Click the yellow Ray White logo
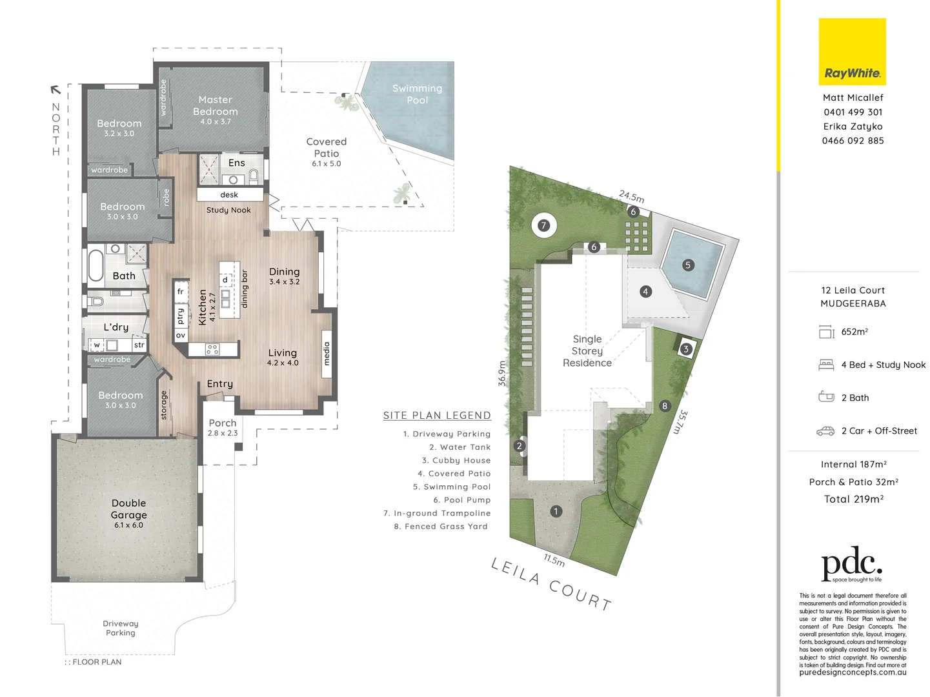[x=852, y=52]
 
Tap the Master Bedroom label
[x=215, y=106]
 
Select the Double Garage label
[x=128, y=509]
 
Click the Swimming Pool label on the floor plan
[x=417, y=94]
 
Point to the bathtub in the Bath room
[x=96, y=265]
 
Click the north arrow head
[x=56, y=90]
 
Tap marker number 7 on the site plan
[x=544, y=225]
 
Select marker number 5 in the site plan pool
[x=687, y=265]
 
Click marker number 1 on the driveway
[x=556, y=511]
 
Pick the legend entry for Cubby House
[x=456, y=460]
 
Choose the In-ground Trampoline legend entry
[x=437, y=513]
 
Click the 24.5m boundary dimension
[x=631, y=196]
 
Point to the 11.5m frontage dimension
[x=554, y=560]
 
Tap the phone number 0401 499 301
[x=853, y=112]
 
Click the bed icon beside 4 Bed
[x=826, y=365]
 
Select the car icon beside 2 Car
[x=826, y=430]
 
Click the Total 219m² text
[x=853, y=499]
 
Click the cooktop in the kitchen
[x=212, y=350]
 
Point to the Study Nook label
[x=228, y=210]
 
